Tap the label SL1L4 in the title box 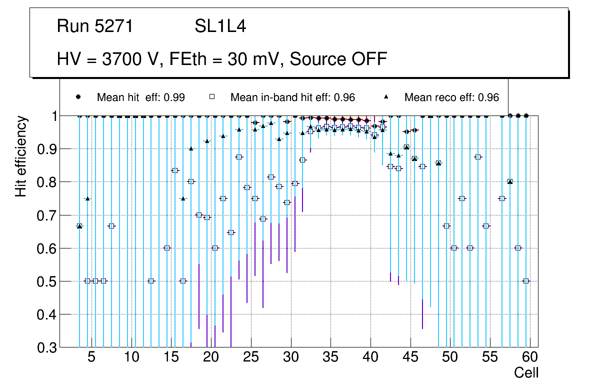coord(220,26)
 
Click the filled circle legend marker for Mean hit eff coord(78,97)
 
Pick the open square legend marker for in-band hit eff coord(212,97)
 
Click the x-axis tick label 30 coord(290,358)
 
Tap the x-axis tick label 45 coord(410,358)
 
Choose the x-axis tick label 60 coord(530,358)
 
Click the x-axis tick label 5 coord(91,358)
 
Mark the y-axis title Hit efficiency coord(21,156)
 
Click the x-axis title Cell coord(526,373)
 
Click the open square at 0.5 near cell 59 coord(526,281)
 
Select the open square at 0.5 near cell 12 coord(151,281)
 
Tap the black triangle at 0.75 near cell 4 coord(87,198)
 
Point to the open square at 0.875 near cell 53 coord(478,157)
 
